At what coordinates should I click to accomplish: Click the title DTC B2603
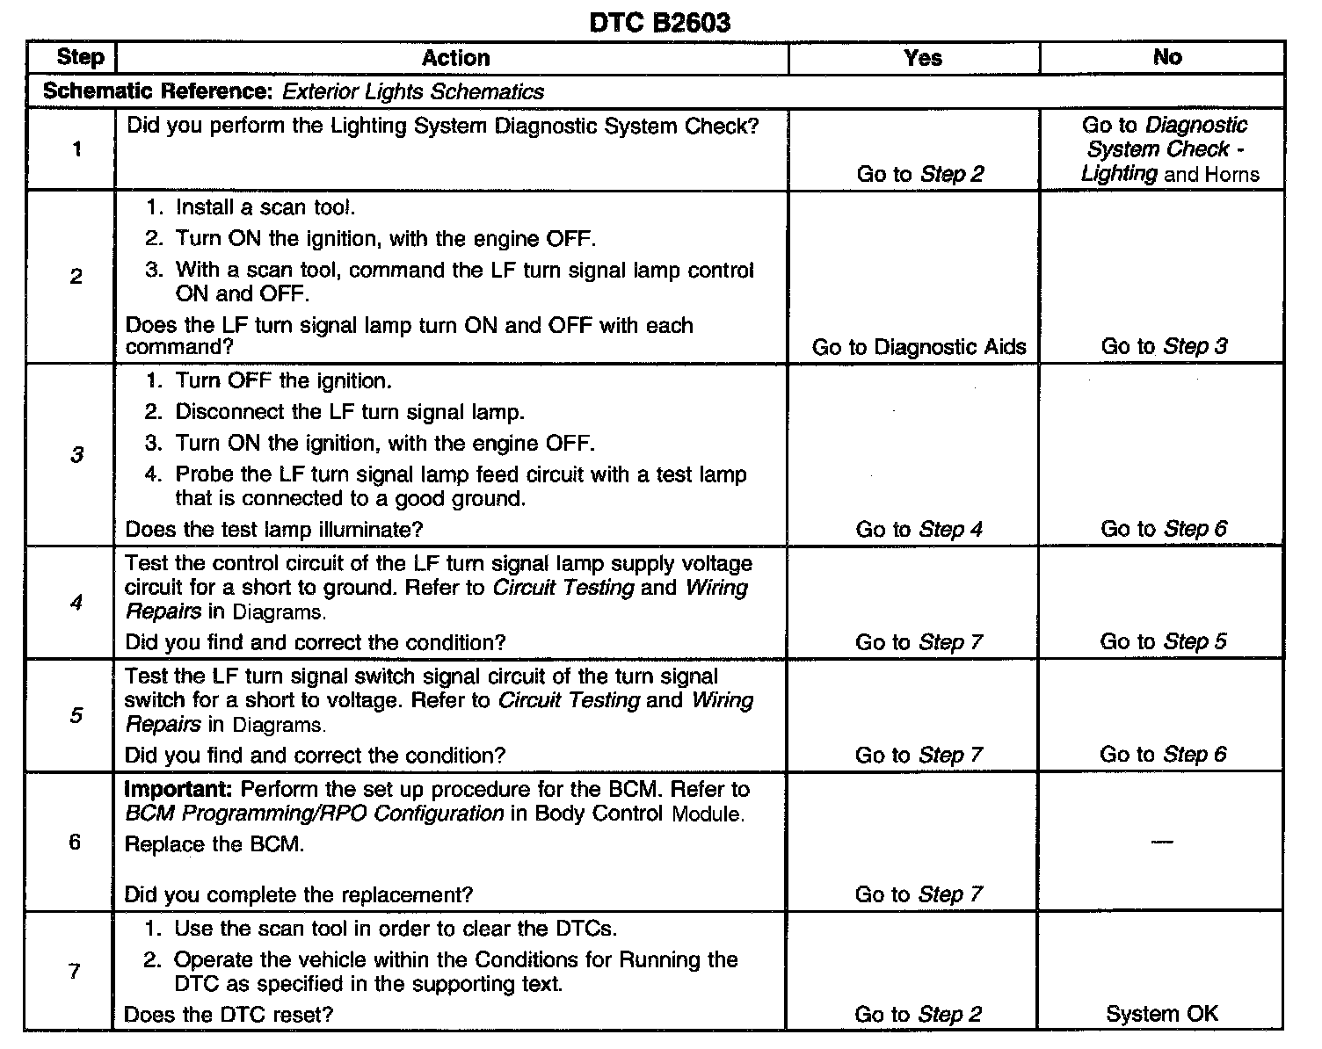click(x=659, y=22)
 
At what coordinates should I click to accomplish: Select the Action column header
click(x=455, y=58)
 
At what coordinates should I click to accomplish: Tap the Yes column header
click(x=922, y=58)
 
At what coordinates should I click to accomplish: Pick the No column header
click(x=1166, y=57)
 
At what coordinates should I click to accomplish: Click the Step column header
click(x=79, y=58)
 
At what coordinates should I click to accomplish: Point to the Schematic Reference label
click(x=159, y=91)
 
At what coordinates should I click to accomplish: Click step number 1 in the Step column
click(x=76, y=149)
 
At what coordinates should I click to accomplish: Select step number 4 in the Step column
click(x=76, y=603)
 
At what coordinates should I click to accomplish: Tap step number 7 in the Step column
click(x=76, y=971)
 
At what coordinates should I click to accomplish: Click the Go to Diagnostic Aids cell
click(x=919, y=347)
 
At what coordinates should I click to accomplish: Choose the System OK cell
click(x=1162, y=1014)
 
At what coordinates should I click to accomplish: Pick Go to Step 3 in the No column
click(x=1164, y=346)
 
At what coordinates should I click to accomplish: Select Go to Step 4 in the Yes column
click(x=919, y=529)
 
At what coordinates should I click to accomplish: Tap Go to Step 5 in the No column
click(x=1163, y=641)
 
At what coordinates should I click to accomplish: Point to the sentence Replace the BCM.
click(x=214, y=844)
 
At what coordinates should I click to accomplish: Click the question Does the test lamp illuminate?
click(x=274, y=529)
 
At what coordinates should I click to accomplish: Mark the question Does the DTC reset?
click(x=229, y=1015)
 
